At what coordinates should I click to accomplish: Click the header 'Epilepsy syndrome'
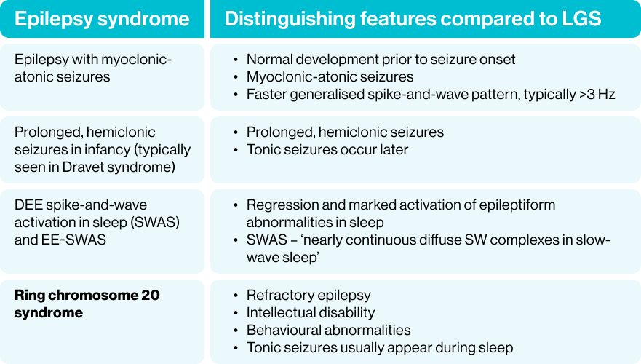pyautogui.click(x=102, y=19)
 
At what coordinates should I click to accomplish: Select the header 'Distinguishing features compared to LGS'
pyautogui.click(x=413, y=19)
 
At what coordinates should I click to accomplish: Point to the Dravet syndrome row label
pyautogui.click(x=102, y=150)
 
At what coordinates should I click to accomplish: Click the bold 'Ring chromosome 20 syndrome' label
pyautogui.click(x=87, y=304)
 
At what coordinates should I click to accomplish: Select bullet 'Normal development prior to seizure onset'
pyautogui.click(x=381, y=59)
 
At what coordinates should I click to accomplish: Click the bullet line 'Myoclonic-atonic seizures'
pyautogui.click(x=330, y=76)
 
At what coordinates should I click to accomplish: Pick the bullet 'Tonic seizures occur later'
pyautogui.click(x=327, y=149)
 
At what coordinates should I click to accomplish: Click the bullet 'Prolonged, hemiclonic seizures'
pyautogui.click(x=345, y=132)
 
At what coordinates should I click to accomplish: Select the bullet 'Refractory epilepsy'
pyautogui.click(x=308, y=295)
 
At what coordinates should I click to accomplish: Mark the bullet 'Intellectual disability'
pyautogui.click(x=311, y=312)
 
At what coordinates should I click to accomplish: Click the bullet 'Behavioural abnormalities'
pyautogui.click(x=328, y=330)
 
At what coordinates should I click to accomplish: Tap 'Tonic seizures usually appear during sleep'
pyautogui.click(x=379, y=347)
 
